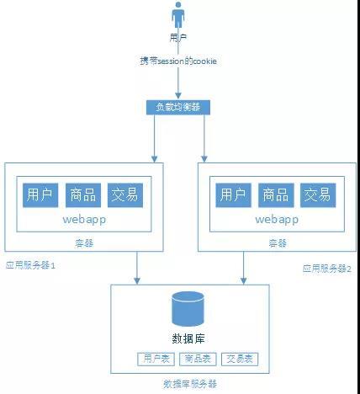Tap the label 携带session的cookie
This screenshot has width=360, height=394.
pos(178,61)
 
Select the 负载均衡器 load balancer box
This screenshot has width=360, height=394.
pos(178,107)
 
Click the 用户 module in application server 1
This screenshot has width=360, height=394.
pos(40,194)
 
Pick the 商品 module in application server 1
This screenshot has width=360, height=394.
pos(82,194)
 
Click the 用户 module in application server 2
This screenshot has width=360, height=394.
pos(233,194)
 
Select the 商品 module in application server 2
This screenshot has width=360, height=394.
pos(275,194)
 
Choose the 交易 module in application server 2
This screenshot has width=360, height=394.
pos(317,194)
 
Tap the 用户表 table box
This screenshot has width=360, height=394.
pos(155,359)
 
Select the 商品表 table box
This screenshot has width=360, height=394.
pos(198,359)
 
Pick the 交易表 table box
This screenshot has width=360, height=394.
pos(241,359)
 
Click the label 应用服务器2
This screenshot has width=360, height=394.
pos(327,268)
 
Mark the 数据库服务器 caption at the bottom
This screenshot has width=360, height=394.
pos(190,383)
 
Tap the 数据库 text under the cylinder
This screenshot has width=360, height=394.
pos(190,338)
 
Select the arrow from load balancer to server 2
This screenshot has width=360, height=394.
pos(204,139)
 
